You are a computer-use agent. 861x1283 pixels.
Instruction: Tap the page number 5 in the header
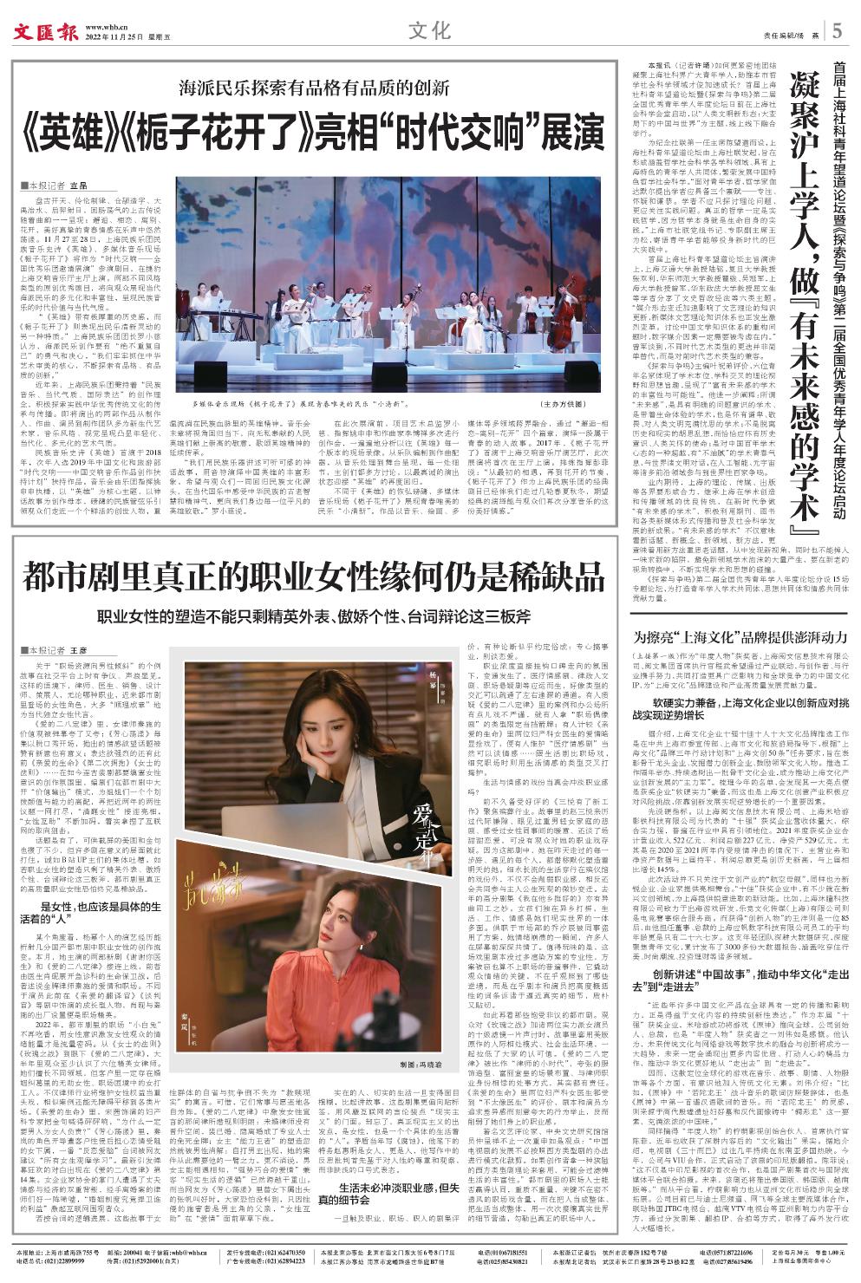tap(837, 31)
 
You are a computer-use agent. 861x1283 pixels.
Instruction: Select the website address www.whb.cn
tap(103, 26)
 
